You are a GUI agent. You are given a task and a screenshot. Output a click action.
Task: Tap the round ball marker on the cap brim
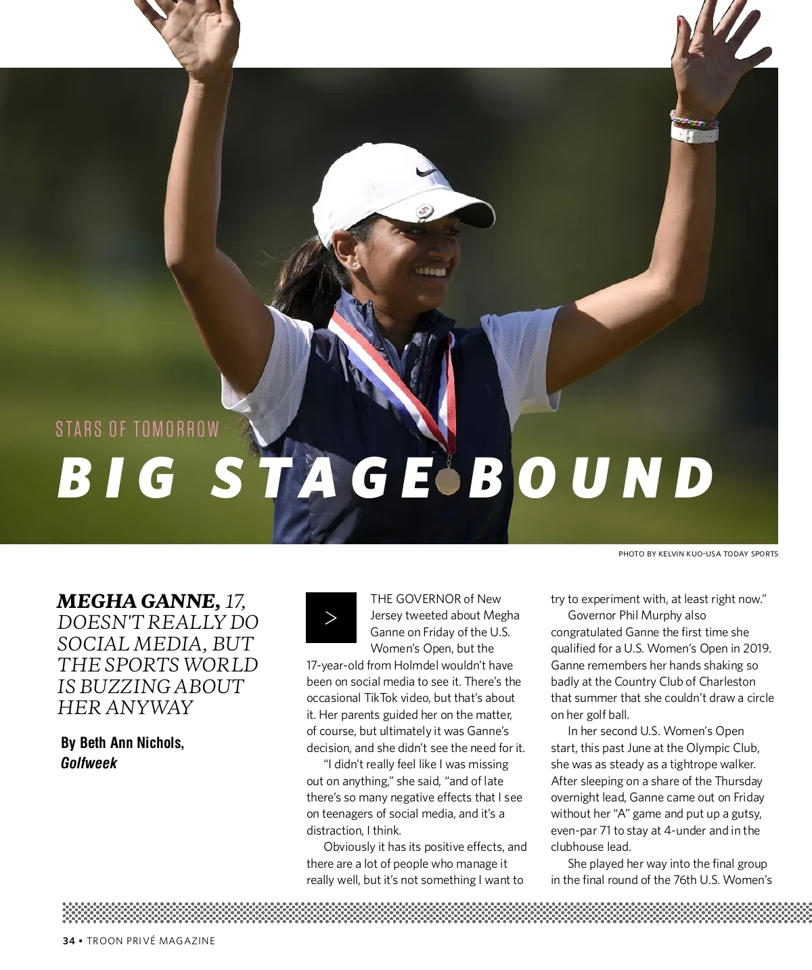coord(424,211)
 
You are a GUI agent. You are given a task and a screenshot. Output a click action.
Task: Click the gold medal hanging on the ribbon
coord(447,480)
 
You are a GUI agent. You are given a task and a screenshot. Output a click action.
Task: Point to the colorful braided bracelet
coord(693,119)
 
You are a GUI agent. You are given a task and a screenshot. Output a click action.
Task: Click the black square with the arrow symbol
coord(331,617)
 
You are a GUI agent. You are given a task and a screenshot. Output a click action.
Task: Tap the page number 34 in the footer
coord(68,941)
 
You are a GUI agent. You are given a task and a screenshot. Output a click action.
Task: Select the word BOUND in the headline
coord(592,477)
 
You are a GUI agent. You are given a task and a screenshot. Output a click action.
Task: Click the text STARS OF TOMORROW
coord(137,430)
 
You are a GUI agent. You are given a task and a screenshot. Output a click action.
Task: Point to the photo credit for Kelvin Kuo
coord(698,554)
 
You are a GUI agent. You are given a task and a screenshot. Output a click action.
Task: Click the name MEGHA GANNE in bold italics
coord(138,601)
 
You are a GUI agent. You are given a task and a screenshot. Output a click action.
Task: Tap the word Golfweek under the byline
coord(89,763)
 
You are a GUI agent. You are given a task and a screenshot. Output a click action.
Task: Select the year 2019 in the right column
coord(757,648)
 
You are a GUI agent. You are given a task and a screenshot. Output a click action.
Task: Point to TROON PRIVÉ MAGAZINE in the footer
coord(150,941)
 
